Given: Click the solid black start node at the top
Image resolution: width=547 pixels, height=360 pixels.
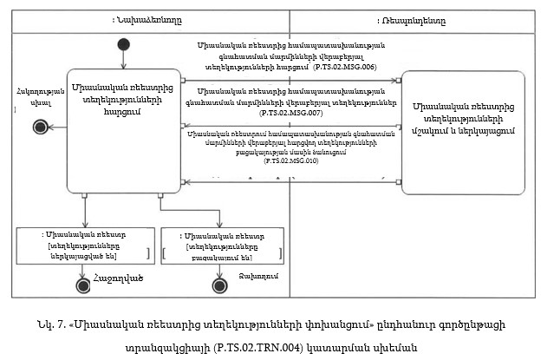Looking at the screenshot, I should point(125,45).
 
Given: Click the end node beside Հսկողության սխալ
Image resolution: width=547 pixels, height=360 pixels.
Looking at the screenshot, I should point(38,127).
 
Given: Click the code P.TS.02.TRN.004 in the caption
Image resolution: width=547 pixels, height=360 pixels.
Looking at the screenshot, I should point(240,345).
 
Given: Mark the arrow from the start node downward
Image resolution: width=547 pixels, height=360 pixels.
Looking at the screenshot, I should point(125,57).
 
